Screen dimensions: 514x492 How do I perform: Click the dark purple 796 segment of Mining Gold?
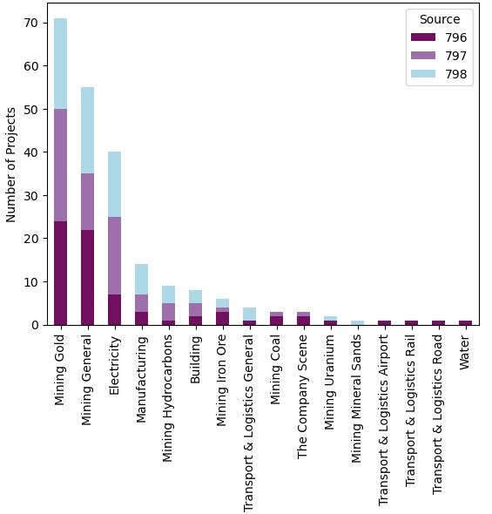pos(60,273)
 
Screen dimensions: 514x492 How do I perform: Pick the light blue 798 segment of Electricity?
pos(114,184)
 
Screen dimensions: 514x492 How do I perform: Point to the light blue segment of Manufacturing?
pos(141,279)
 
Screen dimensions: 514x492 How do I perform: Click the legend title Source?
pos(440,18)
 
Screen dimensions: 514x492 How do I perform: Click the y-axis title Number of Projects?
pos(10,164)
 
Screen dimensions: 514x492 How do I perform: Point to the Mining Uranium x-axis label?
pos(330,380)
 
